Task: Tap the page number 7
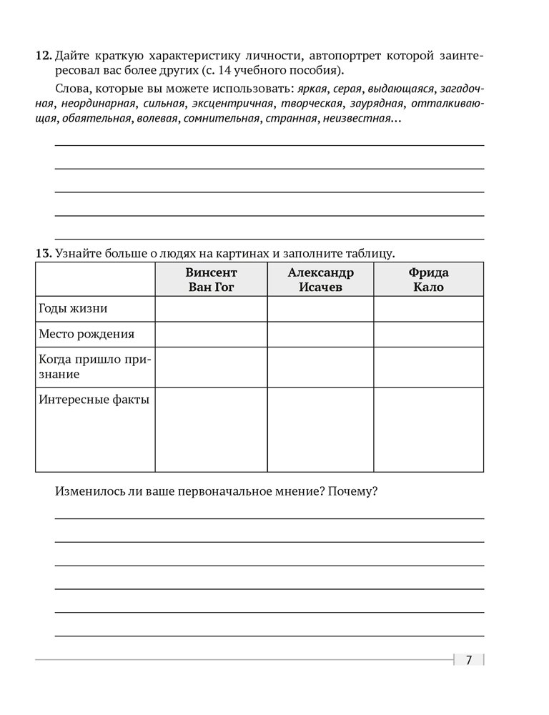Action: (x=468, y=660)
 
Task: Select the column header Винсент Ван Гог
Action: (x=211, y=280)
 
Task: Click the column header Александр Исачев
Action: (x=320, y=280)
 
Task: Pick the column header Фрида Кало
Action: (x=428, y=280)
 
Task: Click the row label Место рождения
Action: (x=86, y=334)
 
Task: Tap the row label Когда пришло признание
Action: (x=93, y=367)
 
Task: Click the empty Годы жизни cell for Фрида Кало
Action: (x=428, y=309)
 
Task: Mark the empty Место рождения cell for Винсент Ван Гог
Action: (x=211, y=334)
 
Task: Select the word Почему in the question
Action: (x=353, y=492)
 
